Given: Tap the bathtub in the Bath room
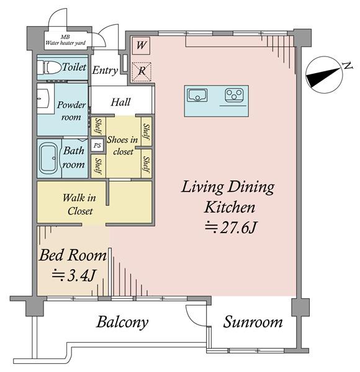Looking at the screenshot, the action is tap(48, 158).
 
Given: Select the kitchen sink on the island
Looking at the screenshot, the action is tap(197, 95).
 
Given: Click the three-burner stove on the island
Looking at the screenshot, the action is tap(234, 95).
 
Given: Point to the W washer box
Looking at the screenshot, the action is tap(141, 45).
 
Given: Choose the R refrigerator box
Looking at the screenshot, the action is tap(142, 72).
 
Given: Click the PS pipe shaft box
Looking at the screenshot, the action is tap(97, 145).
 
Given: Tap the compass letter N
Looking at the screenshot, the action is tap(348, 66).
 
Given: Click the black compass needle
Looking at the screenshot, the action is tap(323, 77).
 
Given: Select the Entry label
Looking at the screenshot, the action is tap(105, 71).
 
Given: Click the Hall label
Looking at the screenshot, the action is tap(120, 102).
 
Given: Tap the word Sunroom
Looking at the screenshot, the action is tap(253, 322).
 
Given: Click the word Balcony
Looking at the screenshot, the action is tap(122, 322).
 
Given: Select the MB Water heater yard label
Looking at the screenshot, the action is tap(65, 40).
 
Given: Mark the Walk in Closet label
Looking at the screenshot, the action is tap(79, 204).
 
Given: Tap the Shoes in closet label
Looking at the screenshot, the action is tap(122, 145).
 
